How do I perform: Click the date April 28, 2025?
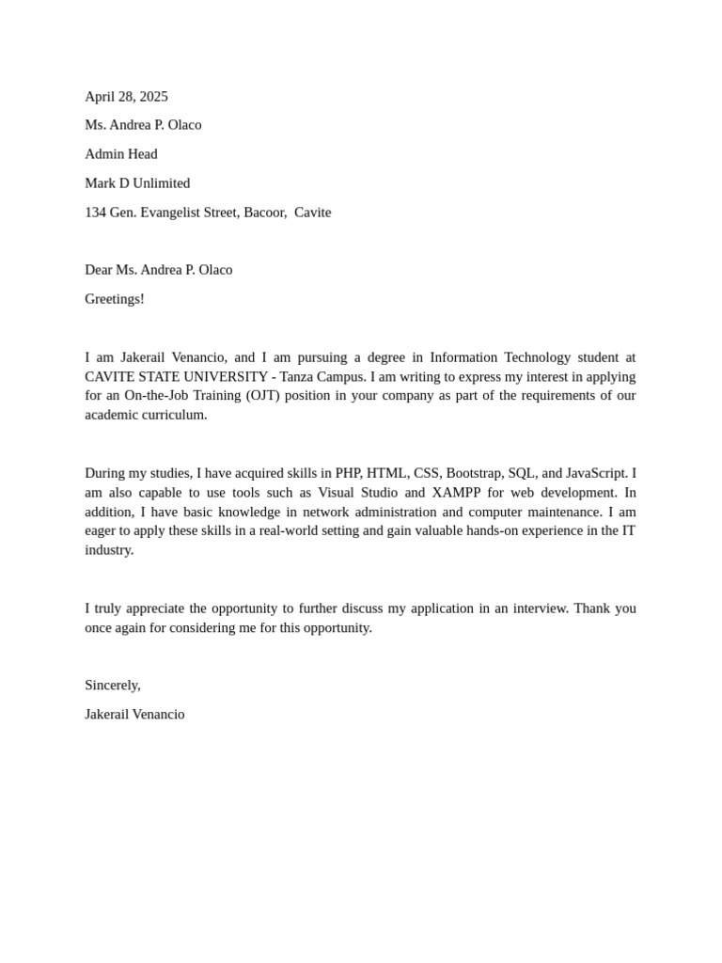click(x=126, y=96)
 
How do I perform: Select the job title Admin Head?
click(x=121, y=154)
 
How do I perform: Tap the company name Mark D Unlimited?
click(x=137, y=183)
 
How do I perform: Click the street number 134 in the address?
click(x=95, y=213)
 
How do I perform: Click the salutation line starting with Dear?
click(x=158, y=270)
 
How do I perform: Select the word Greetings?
click(x=115, y=299)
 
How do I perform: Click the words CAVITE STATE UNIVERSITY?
click(x=176, y=376)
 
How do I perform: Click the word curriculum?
click(x=174, y=415)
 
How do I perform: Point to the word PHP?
click(x=349, y=473)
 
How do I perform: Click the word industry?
click(x=109, y=550)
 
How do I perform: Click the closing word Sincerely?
click(x=112, y=686)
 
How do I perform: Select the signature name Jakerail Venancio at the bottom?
click(x=134, y=715)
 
